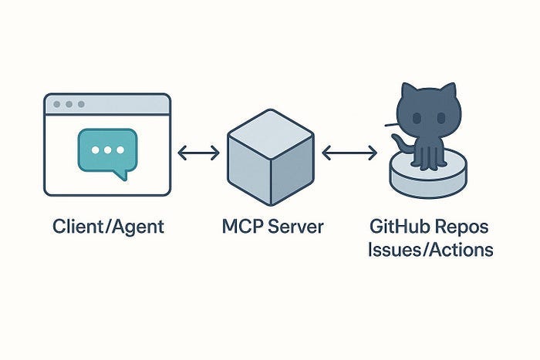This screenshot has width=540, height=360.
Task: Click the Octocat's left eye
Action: point(417,119)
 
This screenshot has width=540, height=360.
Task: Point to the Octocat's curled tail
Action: point(398,142)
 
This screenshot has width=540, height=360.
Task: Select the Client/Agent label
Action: point(108,227)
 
